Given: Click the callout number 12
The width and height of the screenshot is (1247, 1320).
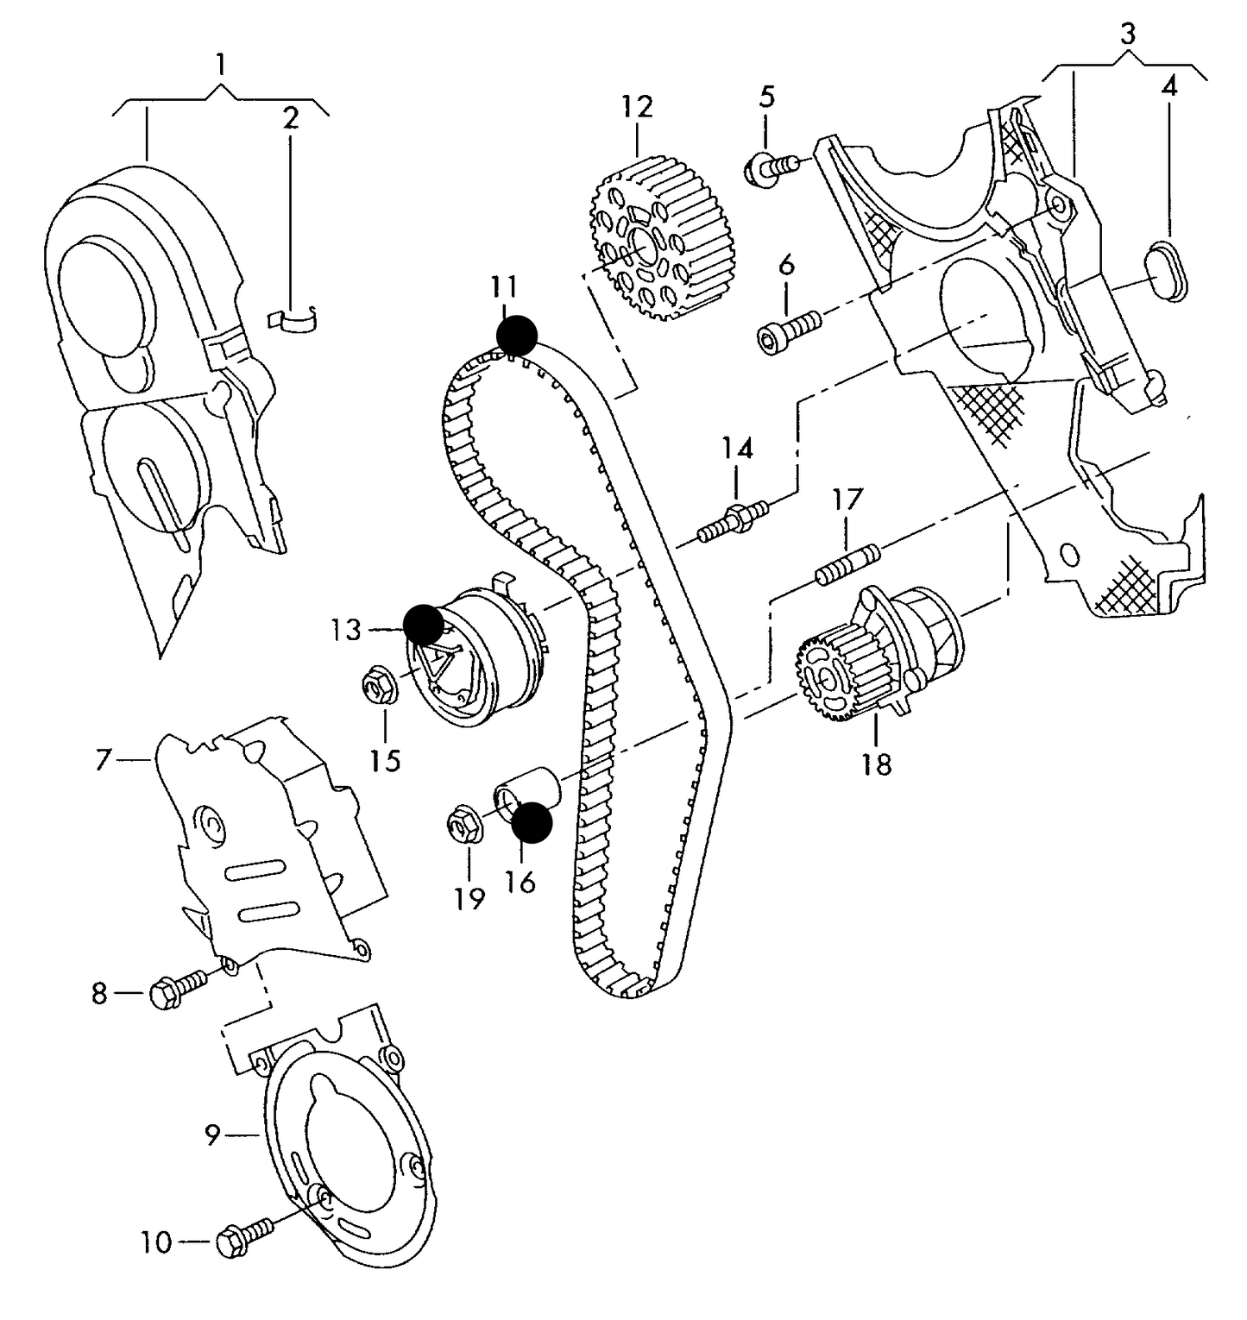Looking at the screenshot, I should click(x=637, y=107).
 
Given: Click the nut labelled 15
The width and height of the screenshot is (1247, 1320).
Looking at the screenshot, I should click(x=378, y=686).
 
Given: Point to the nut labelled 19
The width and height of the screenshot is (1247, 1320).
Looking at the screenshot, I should click(x=467, y=825).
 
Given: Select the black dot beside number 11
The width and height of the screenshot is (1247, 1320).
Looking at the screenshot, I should click(x=517, y=335).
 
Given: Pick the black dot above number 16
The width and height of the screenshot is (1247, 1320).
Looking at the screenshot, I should click(x=531, y=822).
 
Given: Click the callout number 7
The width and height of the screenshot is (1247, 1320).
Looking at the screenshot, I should click(x=104, y=760).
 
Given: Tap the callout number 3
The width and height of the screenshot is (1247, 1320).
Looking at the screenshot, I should click(x=1127, y=35).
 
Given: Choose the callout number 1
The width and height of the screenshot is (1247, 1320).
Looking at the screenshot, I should click(x=221, y=63).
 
